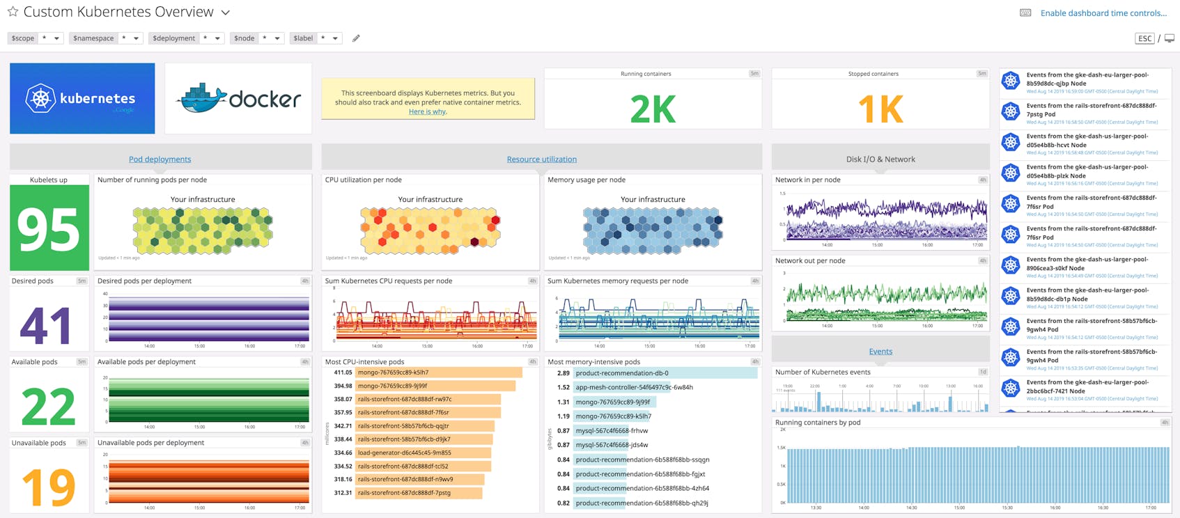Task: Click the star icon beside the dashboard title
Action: coord(13,12)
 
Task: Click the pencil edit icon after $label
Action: coord(356,38)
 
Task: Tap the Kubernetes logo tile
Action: coord(82,98)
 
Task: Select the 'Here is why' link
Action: coord(427,111)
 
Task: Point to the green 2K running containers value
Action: coord(652,109)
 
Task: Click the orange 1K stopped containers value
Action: coord(880,109)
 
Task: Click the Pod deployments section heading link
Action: coord(160,159)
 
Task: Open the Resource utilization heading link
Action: coord(541,159)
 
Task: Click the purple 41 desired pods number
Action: coord(46,325)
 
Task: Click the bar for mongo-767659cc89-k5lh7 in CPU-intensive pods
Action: coord(438,372)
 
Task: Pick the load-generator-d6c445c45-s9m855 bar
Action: coord(423,453)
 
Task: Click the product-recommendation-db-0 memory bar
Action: coord(665,373)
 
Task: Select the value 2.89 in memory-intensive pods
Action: coord(563,373)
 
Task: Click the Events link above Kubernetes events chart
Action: coord(880,352)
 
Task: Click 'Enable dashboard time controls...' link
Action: coord(1103,13)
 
